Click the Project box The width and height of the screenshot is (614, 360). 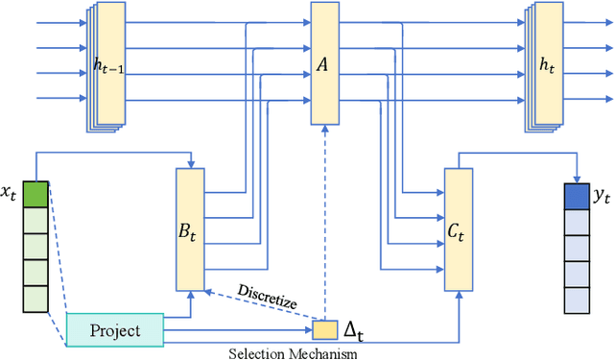(116, 330)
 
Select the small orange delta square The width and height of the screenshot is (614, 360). (326, 330)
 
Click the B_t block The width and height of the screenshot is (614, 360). (191, 229)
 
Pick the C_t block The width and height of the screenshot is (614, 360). (459, 229)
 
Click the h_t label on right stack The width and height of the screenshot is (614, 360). (548, 66)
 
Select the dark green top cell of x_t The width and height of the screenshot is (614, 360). (35, 195)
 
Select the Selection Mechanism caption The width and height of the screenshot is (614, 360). (293, 353)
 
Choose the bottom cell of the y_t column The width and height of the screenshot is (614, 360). (576, 301)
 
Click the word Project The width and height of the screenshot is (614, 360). (115, 330)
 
